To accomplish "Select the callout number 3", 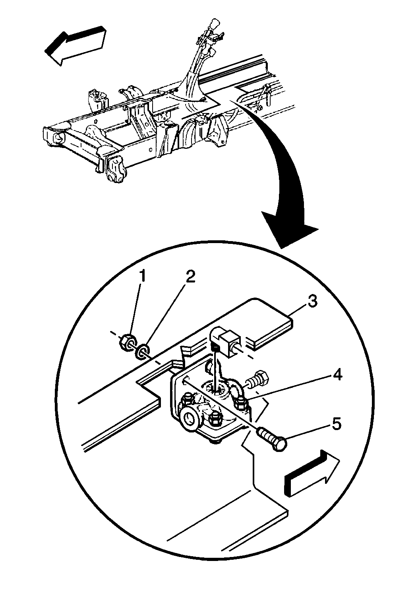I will (x=312, y=301).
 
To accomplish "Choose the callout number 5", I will (x=336, y=424).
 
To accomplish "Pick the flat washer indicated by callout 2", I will (x=142, y=351).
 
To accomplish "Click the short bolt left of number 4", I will (x=257, y=378).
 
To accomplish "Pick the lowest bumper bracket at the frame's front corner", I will (x=116, y=170).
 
